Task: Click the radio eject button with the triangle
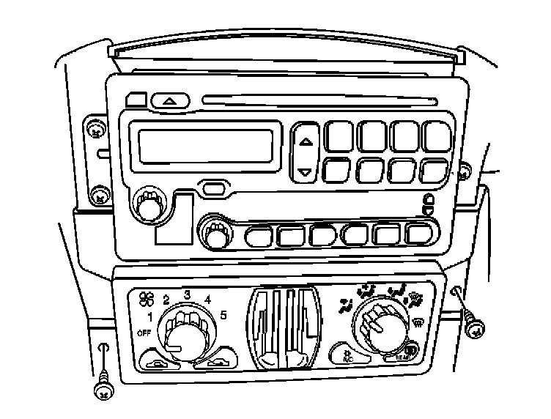(170, 100)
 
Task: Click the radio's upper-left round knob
(149, 206)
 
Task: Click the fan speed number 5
(223, 315)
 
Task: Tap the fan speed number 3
(187, 294)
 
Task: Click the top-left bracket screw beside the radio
(94, 132)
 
